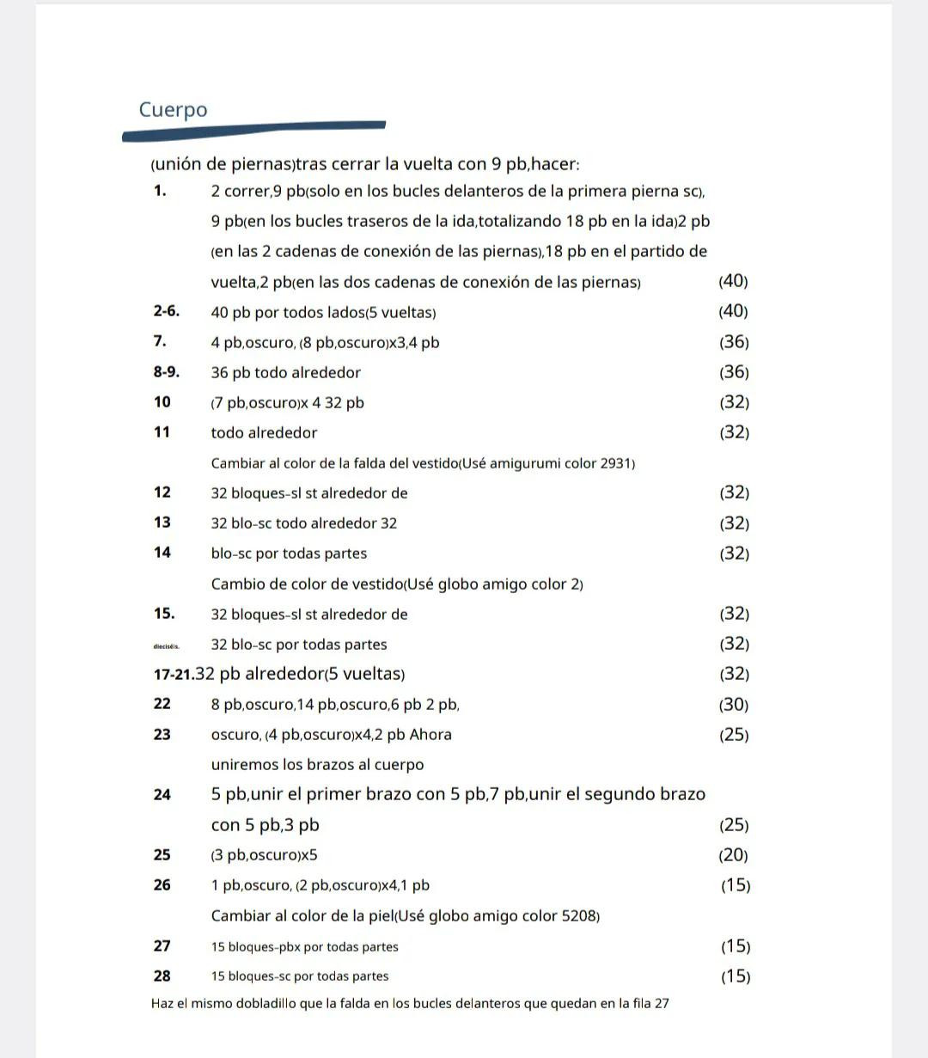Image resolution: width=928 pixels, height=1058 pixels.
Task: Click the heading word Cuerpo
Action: [173, 110]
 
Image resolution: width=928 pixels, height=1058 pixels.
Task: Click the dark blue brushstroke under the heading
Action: [253, 131]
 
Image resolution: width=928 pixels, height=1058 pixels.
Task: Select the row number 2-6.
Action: [167, 311]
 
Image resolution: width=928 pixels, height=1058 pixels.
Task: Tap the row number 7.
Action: [160, 341]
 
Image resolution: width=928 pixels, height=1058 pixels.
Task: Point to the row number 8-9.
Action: [167, 372]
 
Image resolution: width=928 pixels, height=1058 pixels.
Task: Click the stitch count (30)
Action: [733, 705]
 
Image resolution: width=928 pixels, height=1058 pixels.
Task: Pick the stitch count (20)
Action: [733, 855]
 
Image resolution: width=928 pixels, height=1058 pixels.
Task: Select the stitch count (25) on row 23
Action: [733, 735]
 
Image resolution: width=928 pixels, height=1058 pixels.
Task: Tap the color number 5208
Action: [579, 916]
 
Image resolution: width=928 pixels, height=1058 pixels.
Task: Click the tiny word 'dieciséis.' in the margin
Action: [166, 645]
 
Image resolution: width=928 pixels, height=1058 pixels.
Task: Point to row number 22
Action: [162, 704]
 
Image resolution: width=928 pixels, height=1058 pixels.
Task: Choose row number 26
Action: [162, 885]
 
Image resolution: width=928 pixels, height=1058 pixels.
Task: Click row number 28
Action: [162, 976]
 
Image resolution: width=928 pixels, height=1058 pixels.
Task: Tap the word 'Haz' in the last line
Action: [162, 1003]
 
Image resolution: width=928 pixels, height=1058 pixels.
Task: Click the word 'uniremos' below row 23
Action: [242, 765]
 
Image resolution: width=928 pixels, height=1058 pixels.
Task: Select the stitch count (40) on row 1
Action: [733, 281]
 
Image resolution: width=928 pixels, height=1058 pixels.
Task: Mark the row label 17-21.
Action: [173, 675]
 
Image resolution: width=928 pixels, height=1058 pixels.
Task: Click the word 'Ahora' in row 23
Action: [430, 735]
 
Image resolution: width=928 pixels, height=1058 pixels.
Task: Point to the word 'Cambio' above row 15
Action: [236, 584]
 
